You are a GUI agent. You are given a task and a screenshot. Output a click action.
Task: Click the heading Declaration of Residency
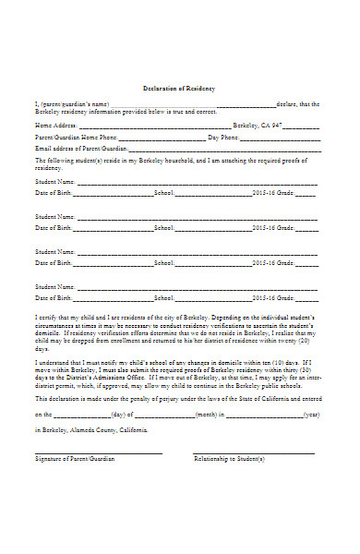pyautogui.click(x=179, y=88)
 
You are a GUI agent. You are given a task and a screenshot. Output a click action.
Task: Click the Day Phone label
pyautogui.click(x=223, y=137)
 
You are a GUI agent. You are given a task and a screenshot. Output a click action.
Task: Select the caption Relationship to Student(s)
pyautogui.click(x=229, y=459)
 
